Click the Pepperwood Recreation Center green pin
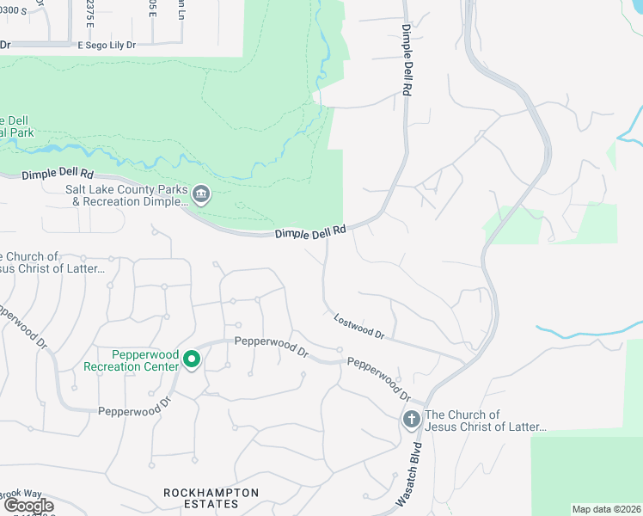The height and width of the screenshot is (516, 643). (193, 359)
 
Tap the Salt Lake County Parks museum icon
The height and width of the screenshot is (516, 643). (200, 195)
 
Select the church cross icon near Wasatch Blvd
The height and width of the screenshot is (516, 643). (411, 420)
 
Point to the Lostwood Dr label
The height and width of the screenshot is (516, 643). (358, 326)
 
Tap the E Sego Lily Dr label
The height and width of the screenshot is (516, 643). (107, 45)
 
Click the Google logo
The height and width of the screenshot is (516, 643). (28, 506)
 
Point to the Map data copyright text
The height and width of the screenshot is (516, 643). (606, 509)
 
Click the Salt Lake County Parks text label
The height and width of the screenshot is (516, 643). (127, 195)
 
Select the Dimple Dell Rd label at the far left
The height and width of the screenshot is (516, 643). (58, 174)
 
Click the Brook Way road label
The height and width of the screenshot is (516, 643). (20, 494)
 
